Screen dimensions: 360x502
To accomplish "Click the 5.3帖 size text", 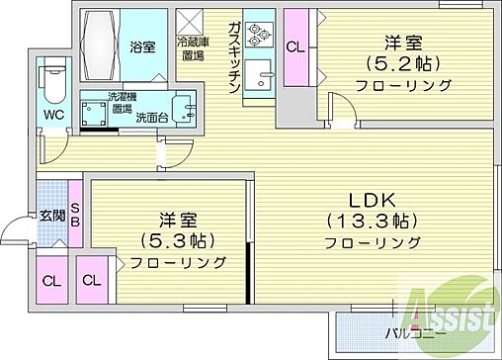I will click(x=168, y=240).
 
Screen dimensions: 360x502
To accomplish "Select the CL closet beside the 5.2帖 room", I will click(x=294, y=46).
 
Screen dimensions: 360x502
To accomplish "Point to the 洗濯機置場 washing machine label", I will click(x=123, y=102).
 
